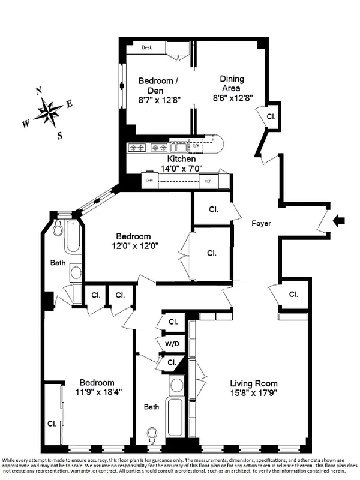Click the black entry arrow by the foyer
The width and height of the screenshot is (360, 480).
[x=339, y=221]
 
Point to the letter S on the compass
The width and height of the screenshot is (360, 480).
[x=59, y=134]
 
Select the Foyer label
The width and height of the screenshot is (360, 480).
[x=261, y=224]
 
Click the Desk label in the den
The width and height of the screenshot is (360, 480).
[x=146, y=47]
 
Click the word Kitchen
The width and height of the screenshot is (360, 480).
[x=181, y=159]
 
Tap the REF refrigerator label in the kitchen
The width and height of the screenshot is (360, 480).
[x=208, y=181]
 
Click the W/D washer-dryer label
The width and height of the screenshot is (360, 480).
[x=172, y=343]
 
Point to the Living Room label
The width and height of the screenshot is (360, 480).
[x=254, y=383]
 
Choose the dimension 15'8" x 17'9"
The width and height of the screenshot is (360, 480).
[x=254, y=394]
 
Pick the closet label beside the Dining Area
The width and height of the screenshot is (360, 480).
[x=271, y=116]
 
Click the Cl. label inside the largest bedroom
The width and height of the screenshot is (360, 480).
[x=53, y=424]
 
